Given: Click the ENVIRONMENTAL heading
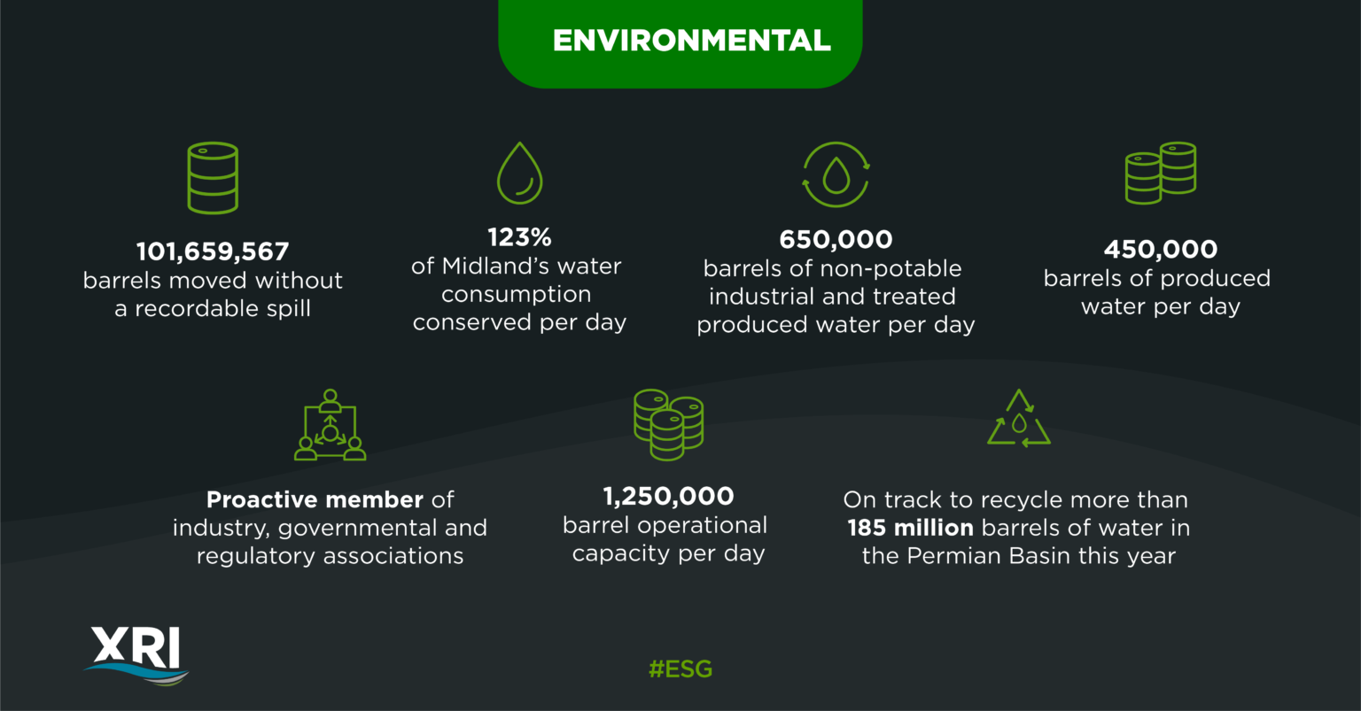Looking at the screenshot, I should point(691,41).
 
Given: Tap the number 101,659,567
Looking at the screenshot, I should point(213,251).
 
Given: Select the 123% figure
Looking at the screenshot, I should point(519,237).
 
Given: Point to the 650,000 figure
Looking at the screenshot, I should point(836,239).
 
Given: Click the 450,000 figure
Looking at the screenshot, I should point(1161,250).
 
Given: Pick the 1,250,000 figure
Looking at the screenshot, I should point(668,496).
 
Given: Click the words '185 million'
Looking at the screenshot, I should point(910,529).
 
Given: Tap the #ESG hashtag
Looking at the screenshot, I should point(680,668).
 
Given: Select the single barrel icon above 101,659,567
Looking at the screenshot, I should point(213,178).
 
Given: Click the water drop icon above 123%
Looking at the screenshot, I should point(519,173).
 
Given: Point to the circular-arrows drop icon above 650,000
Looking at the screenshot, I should point(836,174).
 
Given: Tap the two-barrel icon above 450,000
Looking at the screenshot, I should point(1161,174).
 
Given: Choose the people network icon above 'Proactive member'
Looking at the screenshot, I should point(330,426).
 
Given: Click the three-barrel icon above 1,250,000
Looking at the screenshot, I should point(668,425).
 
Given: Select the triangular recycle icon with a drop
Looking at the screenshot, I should point(1018,419).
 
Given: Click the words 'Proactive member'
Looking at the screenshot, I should point(315,500).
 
